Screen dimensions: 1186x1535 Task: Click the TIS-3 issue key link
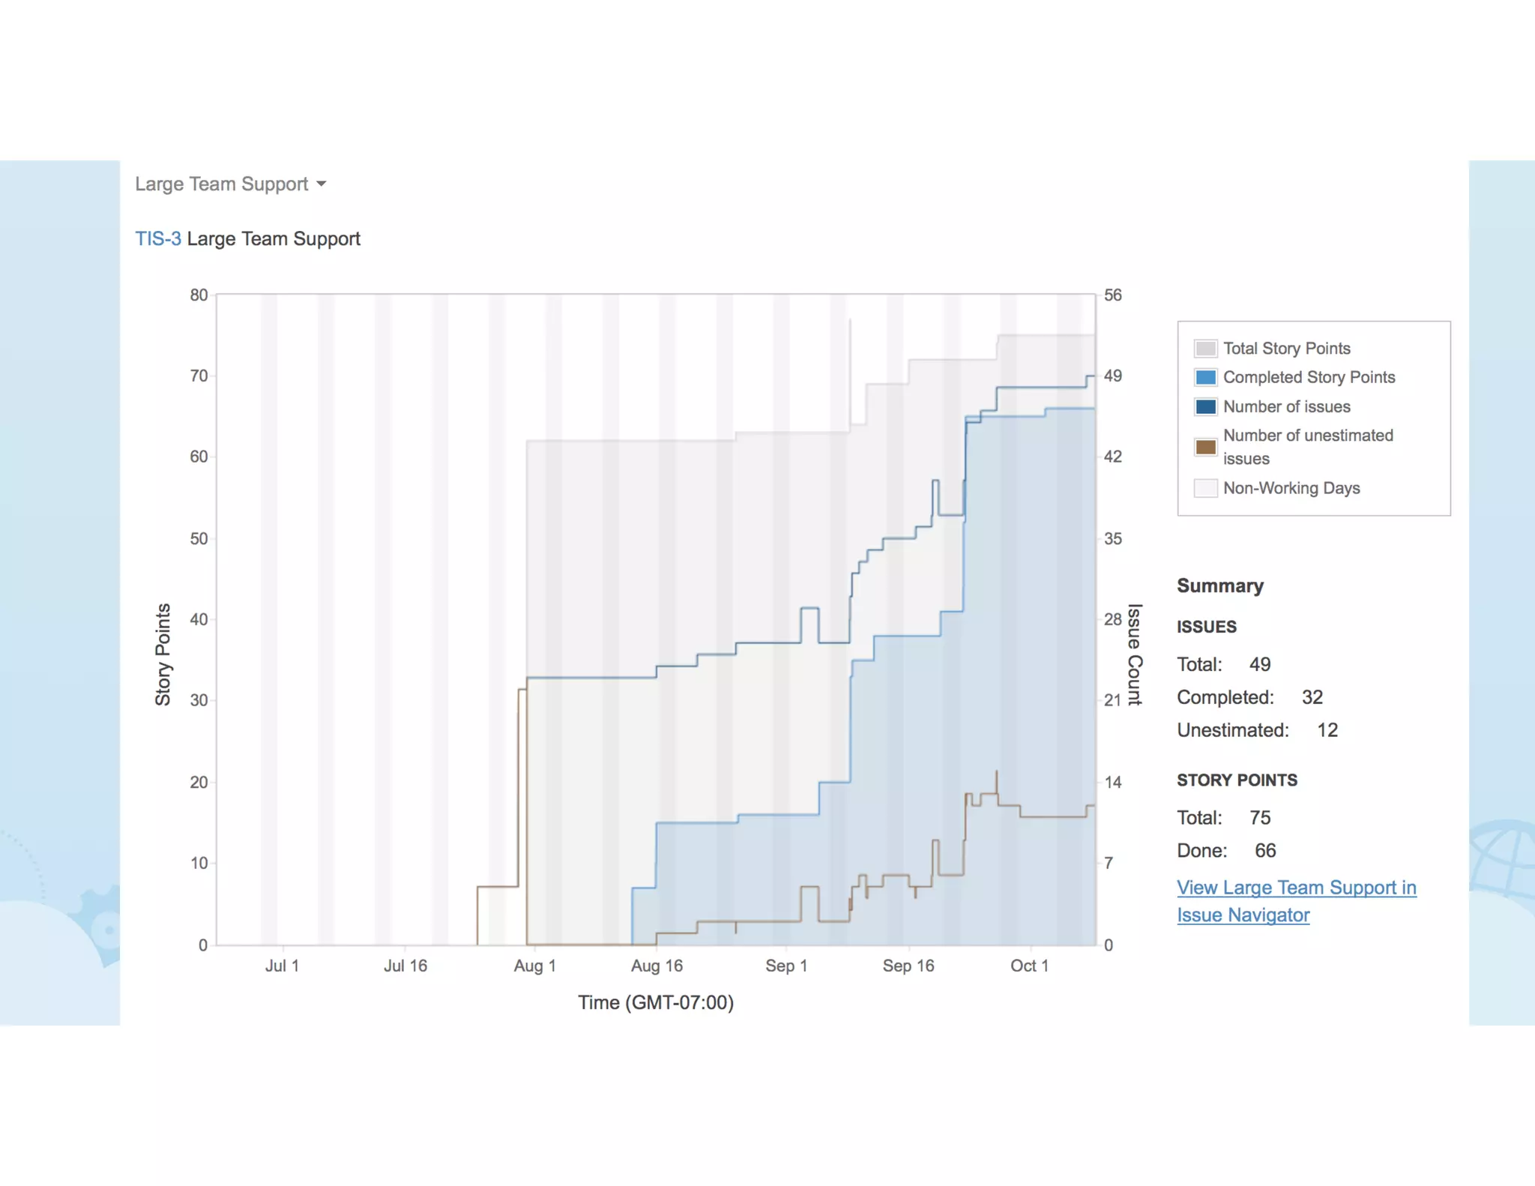pos(157,238)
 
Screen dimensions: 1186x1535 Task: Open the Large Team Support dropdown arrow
pos(322,184)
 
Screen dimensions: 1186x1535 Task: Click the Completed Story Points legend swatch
pos(1205,377)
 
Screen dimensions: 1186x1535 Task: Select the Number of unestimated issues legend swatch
pos(1205,447)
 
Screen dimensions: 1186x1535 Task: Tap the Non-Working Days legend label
pos(1291,488)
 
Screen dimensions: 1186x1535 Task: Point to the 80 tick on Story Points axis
pos(199,295)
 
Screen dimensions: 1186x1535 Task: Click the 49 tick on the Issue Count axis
pos(1112,376)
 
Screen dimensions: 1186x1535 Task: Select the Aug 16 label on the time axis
pos(657,966)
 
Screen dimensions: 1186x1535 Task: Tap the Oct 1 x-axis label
pos(1029,966)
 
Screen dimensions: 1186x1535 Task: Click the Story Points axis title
pos(163,654)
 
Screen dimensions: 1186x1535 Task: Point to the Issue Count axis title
pos(1135,654)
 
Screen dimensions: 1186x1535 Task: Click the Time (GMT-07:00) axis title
pos(656,1002)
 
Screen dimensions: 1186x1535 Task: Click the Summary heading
pos(1219,586)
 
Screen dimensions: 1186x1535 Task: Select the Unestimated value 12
pos(1327,730)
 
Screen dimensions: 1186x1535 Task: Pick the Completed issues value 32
pos(1312,697)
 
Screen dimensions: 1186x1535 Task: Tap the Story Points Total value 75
pos(1260,817)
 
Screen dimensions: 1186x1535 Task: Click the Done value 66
pos(1265,850)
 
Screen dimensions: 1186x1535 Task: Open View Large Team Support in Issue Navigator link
pos(1296,888)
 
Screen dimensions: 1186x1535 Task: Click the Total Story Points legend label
pos(1286,349)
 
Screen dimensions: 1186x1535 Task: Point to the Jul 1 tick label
pos(282,966)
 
